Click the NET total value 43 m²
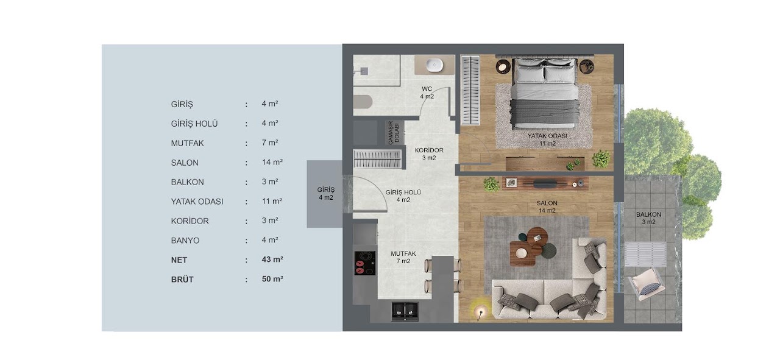coord(272,259)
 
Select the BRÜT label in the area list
coord(182,280)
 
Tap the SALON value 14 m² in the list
coord(272,162)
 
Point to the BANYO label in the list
coord(185,241)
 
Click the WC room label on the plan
coord(427,89)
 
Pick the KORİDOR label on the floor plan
coord(429,150)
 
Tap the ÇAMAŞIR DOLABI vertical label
coord(394,133)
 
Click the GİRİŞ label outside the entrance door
coord(325,190)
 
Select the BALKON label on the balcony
coord(648,214)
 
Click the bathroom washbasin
coord(434,65)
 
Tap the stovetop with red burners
coord(365,263)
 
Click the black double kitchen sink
coord(405,311)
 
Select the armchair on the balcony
coord(646,284)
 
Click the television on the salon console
coord(545,183)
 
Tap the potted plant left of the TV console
coord(491,184)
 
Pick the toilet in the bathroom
coord(363,102)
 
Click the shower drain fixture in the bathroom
coord(363,71)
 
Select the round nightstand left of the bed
coord(503,66)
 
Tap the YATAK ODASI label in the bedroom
coord(547,136)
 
